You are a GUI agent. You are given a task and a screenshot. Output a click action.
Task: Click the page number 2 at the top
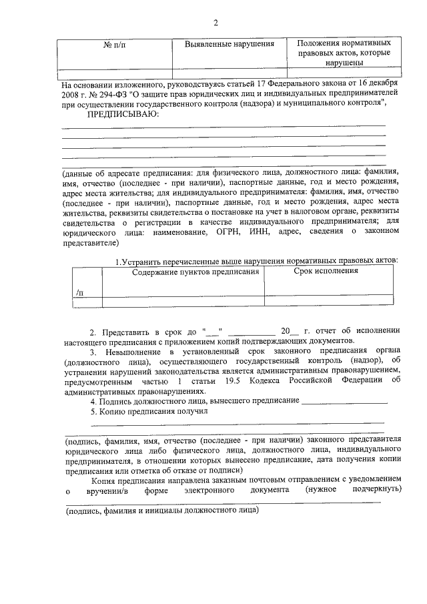point(216,24)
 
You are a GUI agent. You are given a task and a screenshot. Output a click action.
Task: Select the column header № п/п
point(115,44)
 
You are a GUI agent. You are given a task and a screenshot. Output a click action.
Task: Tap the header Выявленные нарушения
point(230,44)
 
